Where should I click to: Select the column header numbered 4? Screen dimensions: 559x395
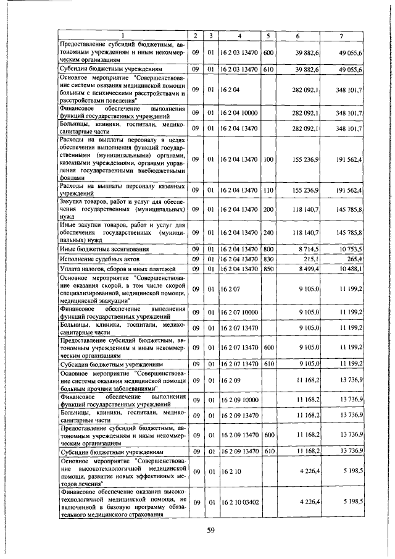(x=238, y=36)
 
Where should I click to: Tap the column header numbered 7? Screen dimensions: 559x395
(x=341, y=36)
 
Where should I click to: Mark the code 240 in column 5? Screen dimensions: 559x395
(x=268, y=232)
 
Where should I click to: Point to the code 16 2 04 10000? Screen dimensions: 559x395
(x=239, y=113)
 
